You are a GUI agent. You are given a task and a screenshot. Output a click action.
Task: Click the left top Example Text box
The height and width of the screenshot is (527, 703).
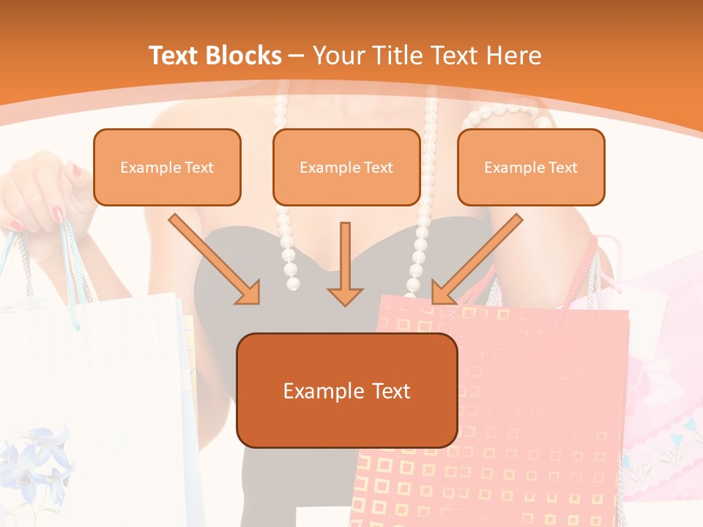tap(167, 168)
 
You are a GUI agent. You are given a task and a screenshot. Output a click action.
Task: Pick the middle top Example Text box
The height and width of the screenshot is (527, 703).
tap(346, 168)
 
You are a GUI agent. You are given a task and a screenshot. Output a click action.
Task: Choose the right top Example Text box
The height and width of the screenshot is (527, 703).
tap(531, 168)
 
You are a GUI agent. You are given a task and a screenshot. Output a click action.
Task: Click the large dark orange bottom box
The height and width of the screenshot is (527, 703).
tap(346, 391)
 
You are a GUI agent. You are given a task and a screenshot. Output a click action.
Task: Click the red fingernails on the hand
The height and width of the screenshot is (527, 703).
tap(58, 213)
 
